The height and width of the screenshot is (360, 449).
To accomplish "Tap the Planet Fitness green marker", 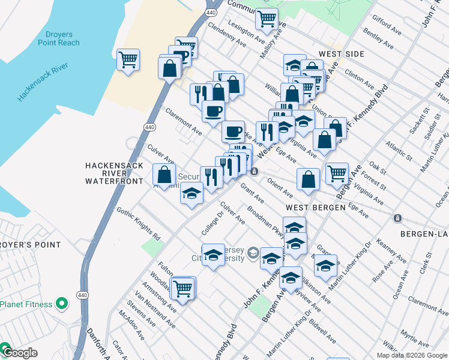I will (61, 304).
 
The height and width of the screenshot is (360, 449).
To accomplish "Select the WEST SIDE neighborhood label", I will (341, 54).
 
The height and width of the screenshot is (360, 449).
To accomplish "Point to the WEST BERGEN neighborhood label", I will (315, 207).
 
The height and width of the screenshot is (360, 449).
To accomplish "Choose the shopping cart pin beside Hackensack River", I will (128, 60).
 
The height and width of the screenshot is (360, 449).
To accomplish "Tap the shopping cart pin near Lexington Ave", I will (267, 19).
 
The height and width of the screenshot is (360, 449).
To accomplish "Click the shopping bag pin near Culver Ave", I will (164, 175).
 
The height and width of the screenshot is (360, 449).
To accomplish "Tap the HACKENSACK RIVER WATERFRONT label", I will (114, 172).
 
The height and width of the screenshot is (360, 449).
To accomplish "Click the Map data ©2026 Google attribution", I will (410, 355).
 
